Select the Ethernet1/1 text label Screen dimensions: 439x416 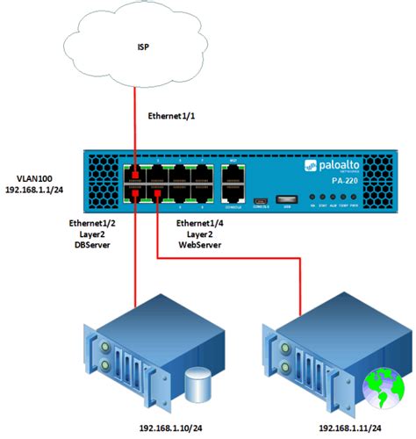point(176,115)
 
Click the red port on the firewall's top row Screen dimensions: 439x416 point(135,173)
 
